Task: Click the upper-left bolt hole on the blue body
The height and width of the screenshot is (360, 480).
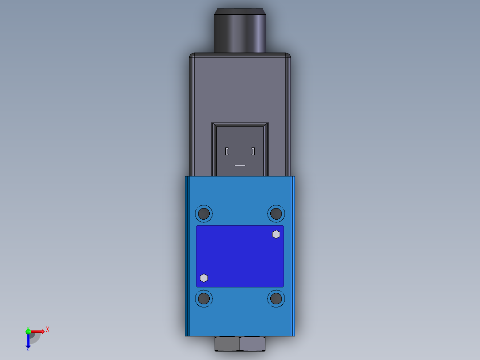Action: click(x=203, y=213)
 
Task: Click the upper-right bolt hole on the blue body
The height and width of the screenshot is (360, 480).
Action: click(x=276, y=213)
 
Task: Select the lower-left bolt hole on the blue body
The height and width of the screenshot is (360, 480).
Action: click(x=203, y=298)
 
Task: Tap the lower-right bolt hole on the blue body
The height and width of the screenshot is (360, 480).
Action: click(x=276, y=298)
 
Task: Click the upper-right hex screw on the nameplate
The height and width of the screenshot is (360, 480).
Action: click(x=276, y=234)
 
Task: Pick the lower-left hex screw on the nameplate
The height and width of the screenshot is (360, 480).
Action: click(x=204, y=278)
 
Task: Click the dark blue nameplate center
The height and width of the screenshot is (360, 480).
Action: click(x=240, y=256)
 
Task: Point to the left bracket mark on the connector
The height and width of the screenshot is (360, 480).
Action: click(x=227, y=151)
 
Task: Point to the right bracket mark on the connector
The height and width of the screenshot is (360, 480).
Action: click(x=253, y=151)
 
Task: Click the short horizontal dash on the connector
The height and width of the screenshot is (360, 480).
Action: click(x=240, y=165)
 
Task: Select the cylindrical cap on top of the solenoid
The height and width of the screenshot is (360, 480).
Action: click(x=240, y=30)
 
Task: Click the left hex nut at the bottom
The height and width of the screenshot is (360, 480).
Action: click(x=227, y=344)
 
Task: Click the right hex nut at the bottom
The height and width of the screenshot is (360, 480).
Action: click(x=252, y=344)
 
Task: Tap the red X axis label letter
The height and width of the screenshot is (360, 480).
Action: click(x=48, y=330)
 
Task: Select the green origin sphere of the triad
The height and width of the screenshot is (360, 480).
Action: click(x=28, y=331)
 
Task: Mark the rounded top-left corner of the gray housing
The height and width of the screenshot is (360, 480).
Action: click(x=191, y=56)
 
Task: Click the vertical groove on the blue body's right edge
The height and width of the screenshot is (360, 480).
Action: click(x=292, y=256)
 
